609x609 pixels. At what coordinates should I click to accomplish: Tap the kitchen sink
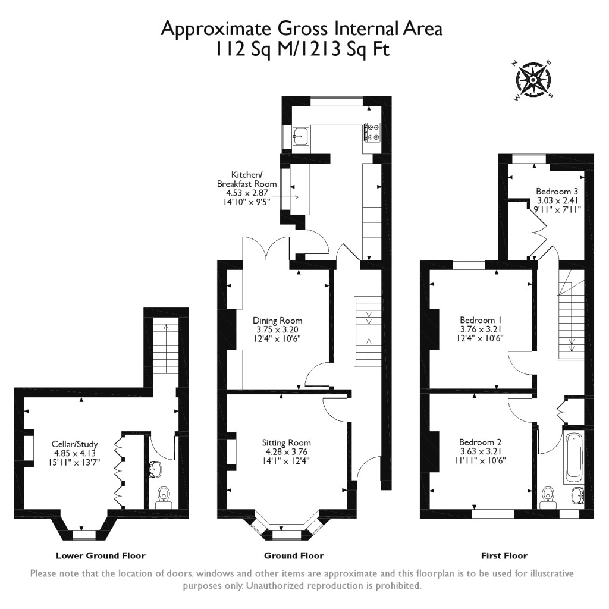point(300,136)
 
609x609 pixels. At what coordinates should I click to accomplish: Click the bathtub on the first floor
point(574,457)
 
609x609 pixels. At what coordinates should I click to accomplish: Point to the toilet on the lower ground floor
point(163,498)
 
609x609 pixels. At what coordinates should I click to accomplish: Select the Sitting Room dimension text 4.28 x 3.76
point(286,451)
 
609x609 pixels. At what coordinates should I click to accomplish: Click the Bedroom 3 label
point(557,192)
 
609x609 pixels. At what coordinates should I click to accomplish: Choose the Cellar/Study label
point(74,444)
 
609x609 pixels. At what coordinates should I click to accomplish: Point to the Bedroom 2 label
point(480,442)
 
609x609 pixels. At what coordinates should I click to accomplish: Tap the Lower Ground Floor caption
point(101,556)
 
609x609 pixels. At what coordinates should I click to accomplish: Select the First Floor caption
point(504,556)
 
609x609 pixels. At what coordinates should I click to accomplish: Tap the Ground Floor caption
point(294,556)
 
